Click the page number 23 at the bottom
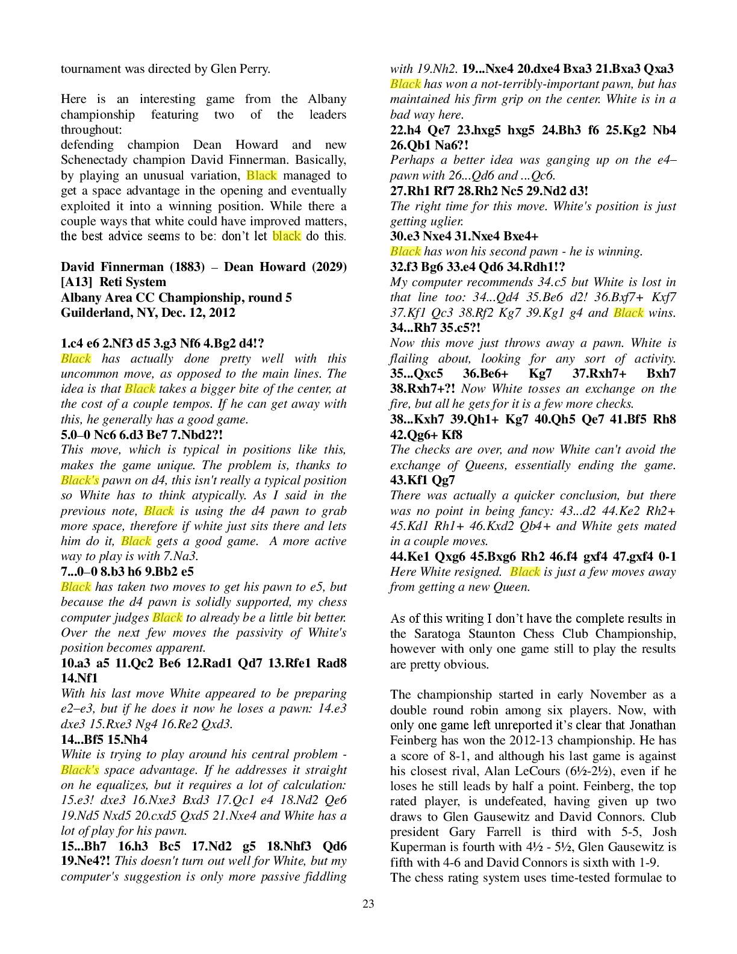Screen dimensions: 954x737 pyautogui.click(x=368, y=903)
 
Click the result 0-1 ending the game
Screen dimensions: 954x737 pyautogui.click(x=666, y=556)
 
